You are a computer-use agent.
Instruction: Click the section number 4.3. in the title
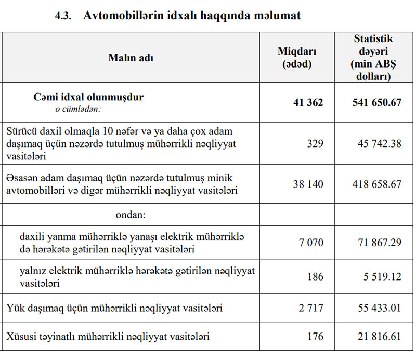[x=65, y=16]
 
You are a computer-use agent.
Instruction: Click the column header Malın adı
[x=131, y=58]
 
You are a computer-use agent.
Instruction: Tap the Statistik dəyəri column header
[x=373, y=58]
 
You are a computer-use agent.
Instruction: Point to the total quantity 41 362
[x=308, y=103]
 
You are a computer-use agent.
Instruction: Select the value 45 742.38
[x=380, y=144]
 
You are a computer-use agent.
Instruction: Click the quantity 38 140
[x=308, y=184]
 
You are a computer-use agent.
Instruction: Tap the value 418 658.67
[x=377, y=184]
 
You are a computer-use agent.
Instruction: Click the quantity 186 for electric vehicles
[x=315, y=277]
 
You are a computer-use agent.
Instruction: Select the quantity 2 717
[x=311, y=309]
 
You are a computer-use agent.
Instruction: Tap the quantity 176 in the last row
[x=315, y=337]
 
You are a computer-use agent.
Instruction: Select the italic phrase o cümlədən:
[x=78, y=110]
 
